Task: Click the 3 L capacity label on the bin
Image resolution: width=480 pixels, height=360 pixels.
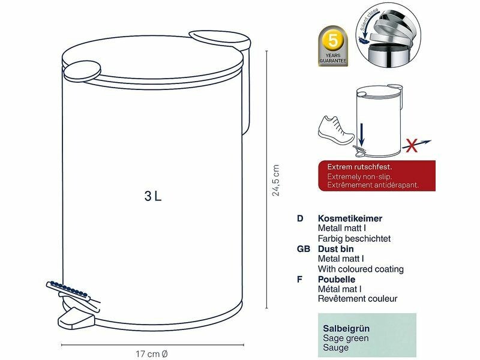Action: tap(153, 196)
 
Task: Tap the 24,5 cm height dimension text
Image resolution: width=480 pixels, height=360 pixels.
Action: tap(276, 180)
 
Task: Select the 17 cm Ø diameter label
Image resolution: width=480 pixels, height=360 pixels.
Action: tap(152, 354)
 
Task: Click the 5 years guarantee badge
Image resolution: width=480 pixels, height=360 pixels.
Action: tap(333, 46)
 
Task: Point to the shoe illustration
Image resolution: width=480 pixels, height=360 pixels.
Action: tap(336, 131)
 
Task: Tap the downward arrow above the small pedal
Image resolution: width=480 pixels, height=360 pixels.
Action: tap(362, 134)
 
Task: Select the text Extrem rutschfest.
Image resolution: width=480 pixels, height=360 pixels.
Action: tap(359, 167)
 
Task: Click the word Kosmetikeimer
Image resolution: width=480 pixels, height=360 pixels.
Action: tap(350, 218)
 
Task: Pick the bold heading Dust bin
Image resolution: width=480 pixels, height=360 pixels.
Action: tap(336, 249)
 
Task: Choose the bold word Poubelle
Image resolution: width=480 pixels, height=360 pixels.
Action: tap(337, 279)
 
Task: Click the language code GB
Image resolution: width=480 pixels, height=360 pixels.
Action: tap(303, 249)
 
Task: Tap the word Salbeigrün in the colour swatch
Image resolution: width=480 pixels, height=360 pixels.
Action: tap(346, 328)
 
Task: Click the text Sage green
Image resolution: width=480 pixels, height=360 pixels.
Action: tap(346, 338)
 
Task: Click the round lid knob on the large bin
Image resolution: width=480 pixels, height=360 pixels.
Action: tap(82, 71)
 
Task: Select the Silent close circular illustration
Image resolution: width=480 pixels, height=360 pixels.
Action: tap(388, 35)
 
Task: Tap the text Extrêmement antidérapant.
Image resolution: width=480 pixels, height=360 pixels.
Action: tap(373, 185)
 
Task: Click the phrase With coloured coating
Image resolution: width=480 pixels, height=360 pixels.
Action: tap(361, 269)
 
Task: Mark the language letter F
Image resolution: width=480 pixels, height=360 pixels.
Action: tap(299, 279)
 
